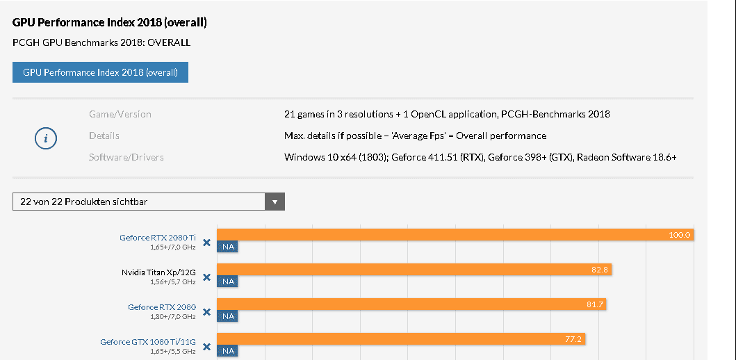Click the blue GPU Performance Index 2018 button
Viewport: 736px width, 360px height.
pos(100,72)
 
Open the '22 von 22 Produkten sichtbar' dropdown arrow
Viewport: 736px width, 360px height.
pos(275,202)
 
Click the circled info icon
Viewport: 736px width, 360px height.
pos(46,138)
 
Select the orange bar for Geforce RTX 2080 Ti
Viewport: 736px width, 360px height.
pos(455,235)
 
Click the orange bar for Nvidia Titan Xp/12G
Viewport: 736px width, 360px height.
pos(414,269)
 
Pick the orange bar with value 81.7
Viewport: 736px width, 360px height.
pos(411,304)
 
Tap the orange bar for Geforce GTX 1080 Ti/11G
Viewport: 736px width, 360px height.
pos(401,338)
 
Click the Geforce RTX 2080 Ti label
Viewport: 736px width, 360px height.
pos(158,238)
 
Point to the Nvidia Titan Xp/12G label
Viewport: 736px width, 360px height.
pos(158,272)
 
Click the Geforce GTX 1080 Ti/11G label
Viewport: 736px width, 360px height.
pos(148,341)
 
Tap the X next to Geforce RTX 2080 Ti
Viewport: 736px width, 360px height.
pos(206,243)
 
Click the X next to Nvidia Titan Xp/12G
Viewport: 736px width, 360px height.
pos(206,277)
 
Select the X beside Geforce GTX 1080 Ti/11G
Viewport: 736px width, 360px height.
pos(206,346)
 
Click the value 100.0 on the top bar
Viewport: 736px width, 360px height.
pos(679,235)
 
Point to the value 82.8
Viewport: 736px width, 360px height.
pos(600,269)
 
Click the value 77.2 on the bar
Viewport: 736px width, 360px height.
pos(573,338)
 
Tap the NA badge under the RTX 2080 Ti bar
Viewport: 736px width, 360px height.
pos(227,247)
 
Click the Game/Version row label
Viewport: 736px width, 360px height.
pos(120,114)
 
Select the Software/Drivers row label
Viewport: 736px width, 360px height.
pos(126,157)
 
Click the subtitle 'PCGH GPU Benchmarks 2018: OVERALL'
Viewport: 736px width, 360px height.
pos(101,42)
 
